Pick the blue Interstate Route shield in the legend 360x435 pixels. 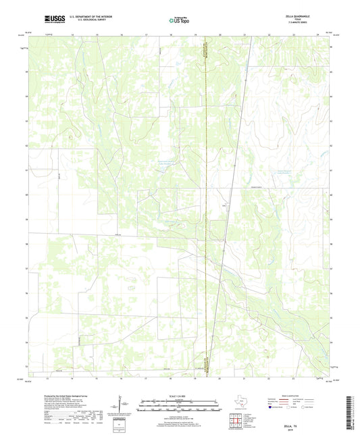pos(272,408)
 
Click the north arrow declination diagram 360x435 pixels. pos(122,406)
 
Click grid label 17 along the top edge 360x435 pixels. pos(147,34)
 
